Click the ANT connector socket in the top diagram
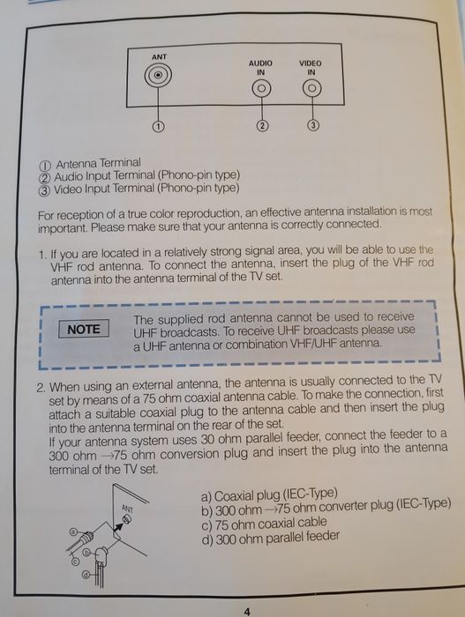tap(158, 75)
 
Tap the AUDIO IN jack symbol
tap(261, 89)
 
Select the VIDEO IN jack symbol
tap(311, 88)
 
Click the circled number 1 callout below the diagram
tap(158, 126)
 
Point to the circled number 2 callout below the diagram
tap(262, 125)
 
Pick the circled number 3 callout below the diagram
tap(313, 125)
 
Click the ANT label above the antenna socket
tap(159, 57)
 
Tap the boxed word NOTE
tap(84, 329)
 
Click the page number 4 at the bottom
tap(247, 612)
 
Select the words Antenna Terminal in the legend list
tap(98, 163)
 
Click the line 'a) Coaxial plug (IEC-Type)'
tap(269, 494)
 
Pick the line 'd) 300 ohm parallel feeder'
tap(270, 537)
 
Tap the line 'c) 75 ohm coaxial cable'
tap(264, 524)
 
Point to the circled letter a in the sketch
tap(73, 532)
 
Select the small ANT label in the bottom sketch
tap(127, 509)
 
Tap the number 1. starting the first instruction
tap(42, 255)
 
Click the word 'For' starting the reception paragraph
tap(46, 216)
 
